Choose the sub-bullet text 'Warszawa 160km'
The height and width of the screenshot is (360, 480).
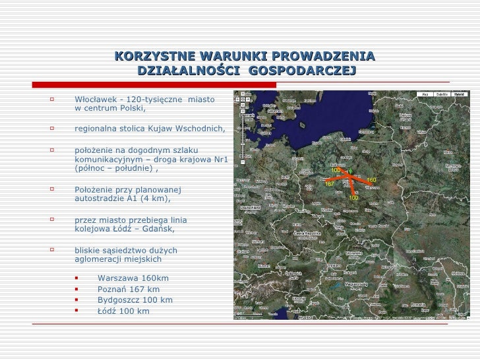click(x=133, y=278)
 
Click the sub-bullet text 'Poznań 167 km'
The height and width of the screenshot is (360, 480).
click(x=128, y=289)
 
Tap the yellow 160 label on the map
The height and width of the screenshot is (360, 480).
click(x=371, y=179)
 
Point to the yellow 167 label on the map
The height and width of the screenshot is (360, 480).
click(x=330, y=184)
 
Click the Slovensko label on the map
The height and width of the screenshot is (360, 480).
click(x=354, y=253)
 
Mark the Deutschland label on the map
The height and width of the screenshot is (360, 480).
click(x=251, y=206)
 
